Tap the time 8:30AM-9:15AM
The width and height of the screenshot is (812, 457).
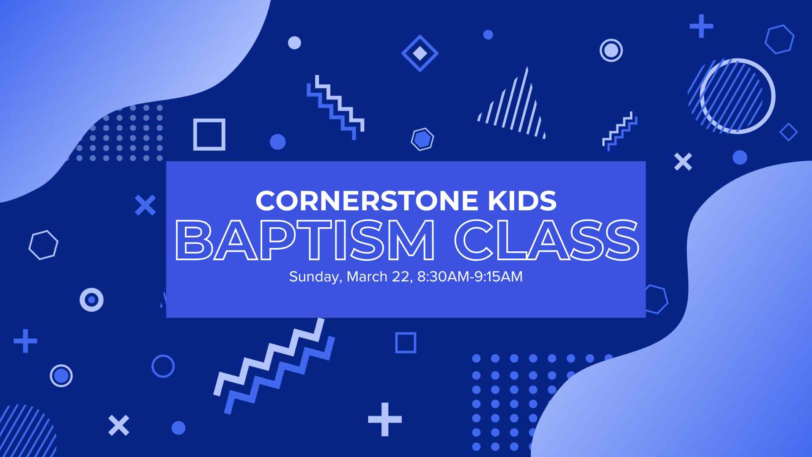click(469, 277)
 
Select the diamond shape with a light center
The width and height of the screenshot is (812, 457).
click(420, 53)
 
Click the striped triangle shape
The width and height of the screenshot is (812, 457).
click(514, 108)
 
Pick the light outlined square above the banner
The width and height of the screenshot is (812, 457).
click(209, 135)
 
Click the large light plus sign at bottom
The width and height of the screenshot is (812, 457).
click(384, 419)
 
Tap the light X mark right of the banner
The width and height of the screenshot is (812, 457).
click(683, 162)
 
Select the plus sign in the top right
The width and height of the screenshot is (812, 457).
click(701, 26)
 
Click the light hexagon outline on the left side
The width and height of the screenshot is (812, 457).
click(43, 245)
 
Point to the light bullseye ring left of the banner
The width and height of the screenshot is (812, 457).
click(91, 300)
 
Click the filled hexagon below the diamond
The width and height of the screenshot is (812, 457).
click(422, 139)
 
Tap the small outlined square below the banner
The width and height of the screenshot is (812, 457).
click(406, 342)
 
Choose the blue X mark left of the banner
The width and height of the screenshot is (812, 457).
click(145, 205)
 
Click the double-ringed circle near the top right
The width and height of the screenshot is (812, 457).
click(611, 50)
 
